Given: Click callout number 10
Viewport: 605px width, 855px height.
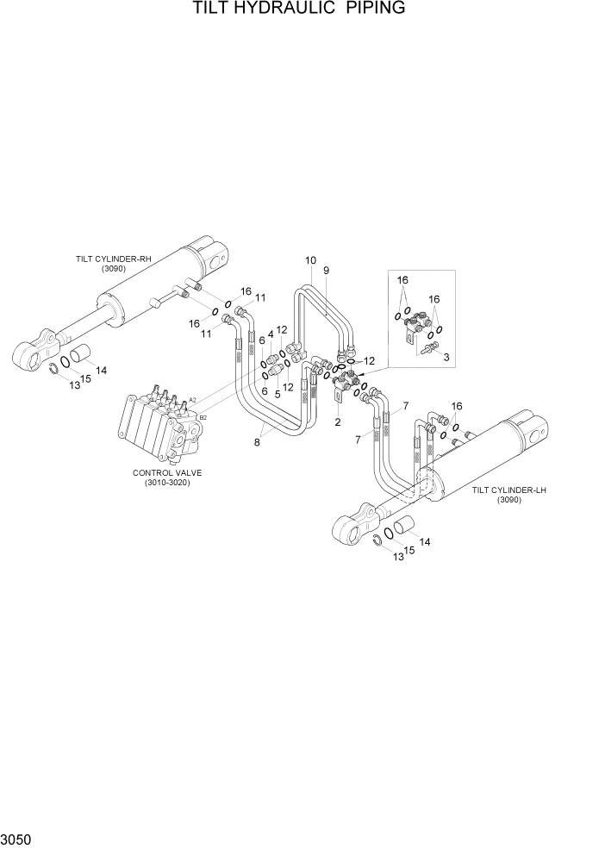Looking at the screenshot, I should coord(310,260).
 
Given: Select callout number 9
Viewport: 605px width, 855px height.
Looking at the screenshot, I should coord(327,271).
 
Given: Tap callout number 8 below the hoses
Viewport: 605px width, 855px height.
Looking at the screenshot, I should coord(256,443).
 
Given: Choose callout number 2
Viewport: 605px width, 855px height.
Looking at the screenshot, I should coord(338,422).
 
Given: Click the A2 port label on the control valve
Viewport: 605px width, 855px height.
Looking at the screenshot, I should coord(193,400).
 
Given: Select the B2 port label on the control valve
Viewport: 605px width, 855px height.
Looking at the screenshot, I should coord(203,417).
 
